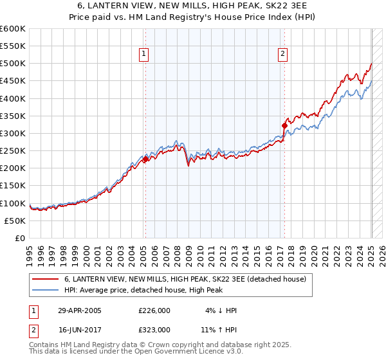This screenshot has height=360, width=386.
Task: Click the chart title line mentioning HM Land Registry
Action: [x=193, y=18]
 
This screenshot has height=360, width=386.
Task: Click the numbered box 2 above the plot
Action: [x=283, y=55]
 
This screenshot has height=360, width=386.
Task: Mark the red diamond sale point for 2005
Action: [x=145, y=159]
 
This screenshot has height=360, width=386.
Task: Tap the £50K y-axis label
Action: [x=15, y=221]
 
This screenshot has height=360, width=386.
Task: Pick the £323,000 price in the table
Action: [x=154, y=329]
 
